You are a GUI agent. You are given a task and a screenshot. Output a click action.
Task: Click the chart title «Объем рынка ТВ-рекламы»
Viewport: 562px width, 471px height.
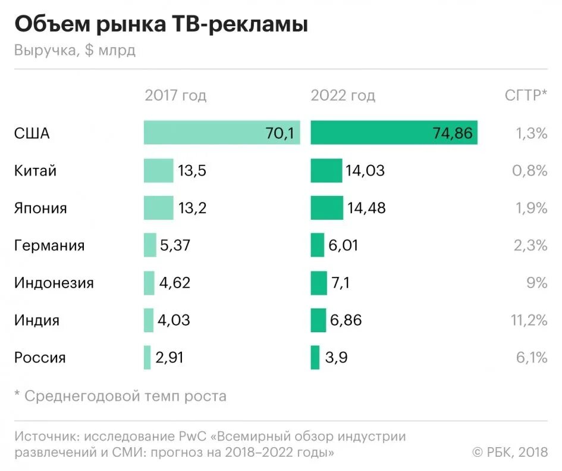[161, 25]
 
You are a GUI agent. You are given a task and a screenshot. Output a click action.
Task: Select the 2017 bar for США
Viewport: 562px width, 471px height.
[221, 133]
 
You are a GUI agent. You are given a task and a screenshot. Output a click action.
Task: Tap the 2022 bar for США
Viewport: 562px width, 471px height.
[394, 133]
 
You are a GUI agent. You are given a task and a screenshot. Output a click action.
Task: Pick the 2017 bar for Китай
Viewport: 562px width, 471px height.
[158, 171]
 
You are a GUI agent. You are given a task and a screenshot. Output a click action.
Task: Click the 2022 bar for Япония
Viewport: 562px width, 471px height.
[326, 208]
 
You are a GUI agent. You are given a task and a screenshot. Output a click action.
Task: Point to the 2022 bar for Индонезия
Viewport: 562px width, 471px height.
[319, 283]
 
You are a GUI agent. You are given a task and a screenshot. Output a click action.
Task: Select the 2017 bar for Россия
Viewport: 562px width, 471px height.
[147, 358]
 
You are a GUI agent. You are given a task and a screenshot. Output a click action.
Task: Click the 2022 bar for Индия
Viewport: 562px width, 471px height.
[318, 320]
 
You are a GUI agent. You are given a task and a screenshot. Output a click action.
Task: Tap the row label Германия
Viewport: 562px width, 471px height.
[49, 245]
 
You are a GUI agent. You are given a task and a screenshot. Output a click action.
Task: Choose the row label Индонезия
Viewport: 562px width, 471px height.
[54, 283]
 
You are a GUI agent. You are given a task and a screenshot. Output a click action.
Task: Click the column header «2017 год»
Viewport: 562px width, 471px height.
[175, 95]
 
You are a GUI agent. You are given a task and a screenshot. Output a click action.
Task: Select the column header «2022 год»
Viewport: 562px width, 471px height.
[343, 95]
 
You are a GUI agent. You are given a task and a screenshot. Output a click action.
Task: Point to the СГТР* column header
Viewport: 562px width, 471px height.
[525, 95]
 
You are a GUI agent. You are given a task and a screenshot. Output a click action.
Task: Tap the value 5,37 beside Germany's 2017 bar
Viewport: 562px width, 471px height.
[175, 245]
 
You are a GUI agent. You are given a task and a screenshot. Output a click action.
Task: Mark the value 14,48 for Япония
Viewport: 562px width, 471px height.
[366, 208]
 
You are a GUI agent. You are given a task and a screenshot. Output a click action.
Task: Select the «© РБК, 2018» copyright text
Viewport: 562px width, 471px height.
[510, 452]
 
